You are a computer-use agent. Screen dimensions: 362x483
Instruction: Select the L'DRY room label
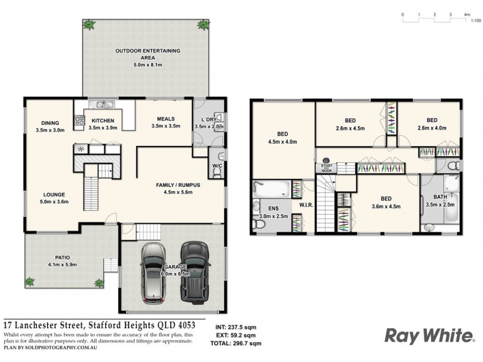pos(209,119)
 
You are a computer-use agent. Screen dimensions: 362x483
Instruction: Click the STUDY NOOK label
pos(327,168)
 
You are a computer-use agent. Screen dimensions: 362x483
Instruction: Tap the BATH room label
pos(440,197)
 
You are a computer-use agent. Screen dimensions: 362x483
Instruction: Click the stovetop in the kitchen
pos(78,122)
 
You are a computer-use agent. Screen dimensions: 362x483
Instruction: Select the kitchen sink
pos(100,105)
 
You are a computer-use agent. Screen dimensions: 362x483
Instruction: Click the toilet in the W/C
pos(217,172)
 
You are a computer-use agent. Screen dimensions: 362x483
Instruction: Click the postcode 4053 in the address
pos(193,323)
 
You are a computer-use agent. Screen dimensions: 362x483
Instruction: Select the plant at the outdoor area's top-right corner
pos(202,25)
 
